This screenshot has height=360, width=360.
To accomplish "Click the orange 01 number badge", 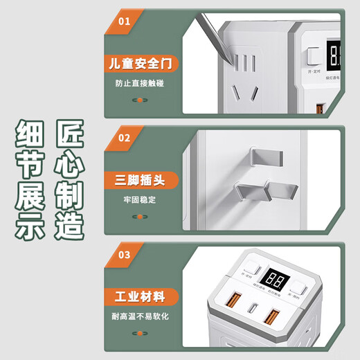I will click(125, 21).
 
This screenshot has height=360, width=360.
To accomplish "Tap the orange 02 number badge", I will click(125, 138).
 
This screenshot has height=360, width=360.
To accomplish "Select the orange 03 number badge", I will click(125, 253).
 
